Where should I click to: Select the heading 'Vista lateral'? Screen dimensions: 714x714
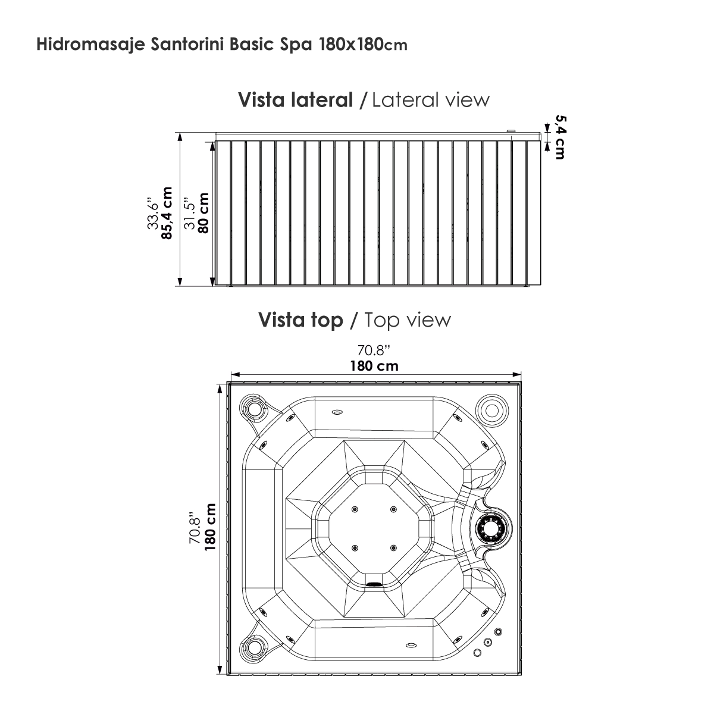pyautogui.click(x=295, y=100)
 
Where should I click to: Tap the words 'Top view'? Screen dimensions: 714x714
pyautogui.click(x=408, y=320)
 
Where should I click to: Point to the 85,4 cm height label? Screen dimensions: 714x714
pyautogui.click(x=167, y=213)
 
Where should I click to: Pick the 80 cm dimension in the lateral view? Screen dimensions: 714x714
pyautogui.click(x=203, y=213)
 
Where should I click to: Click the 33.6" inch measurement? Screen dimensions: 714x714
pyautogui.click(x=153, y=215)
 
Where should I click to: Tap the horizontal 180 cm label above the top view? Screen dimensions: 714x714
pyautogui.click(x=374, y=366)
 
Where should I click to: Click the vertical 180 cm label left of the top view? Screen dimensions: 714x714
pyautogui.click(x=210, y=527)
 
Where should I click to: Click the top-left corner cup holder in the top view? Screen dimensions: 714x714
pyautogui.click(x=254, y=409)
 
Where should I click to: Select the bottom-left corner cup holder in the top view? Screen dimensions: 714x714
pyautogui.click(x=254, y=647)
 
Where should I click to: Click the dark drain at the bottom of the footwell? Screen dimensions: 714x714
pyautogui.click(x=374, y=584)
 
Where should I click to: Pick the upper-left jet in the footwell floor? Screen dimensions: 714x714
pyautogui.click(x=355, y=509)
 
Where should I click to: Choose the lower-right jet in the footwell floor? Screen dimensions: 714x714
pyautogui.click(x=393, y=548)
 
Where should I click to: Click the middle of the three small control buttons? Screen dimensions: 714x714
pyautogui.click(x=488, y=642)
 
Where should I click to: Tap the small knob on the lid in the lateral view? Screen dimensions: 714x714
pyautogui.click(x=511, y=131)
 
